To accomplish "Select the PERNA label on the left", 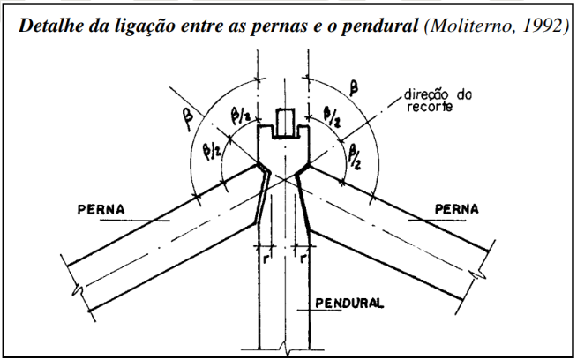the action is (x=101, y=209).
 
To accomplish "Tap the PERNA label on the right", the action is (x=457, y=209).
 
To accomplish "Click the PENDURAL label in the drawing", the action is (x=349, y=303).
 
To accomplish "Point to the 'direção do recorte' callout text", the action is (x=438, y=100).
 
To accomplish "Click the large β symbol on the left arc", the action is (x=189, y=120).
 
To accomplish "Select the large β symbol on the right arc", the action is (x=354, y=88).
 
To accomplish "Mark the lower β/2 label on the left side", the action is (x=212, y=151).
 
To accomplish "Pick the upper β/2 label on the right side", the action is (x=332, y=116).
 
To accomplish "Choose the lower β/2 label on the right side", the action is (x=355, y=156).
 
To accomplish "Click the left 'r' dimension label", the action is (x=266, y=259).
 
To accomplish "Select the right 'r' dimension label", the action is (x=303, y=259).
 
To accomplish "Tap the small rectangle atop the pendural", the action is (x=285, y=123).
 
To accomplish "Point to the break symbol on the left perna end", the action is (x=78, y=290).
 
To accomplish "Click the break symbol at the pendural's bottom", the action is (x=284, y=348).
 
